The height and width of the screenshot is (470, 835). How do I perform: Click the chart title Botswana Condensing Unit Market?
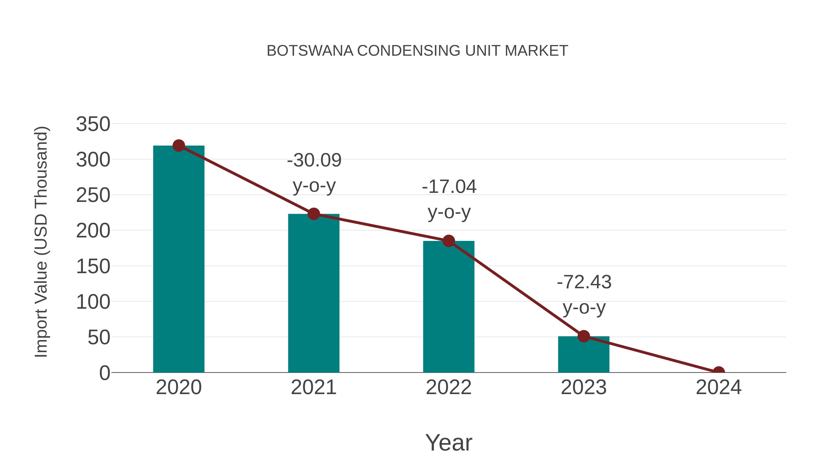point(417,51)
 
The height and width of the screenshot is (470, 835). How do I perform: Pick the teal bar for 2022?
point(449,308)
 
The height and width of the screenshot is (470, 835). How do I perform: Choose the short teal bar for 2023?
point(584,355)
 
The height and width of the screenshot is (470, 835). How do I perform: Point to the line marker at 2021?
point(313,214)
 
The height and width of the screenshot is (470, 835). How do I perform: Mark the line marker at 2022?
point(449,241)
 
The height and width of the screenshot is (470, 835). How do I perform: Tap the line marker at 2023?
point(584,336)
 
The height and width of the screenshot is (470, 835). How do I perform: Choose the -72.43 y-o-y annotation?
point(584,294)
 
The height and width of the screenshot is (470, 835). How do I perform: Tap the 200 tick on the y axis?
point(93,231)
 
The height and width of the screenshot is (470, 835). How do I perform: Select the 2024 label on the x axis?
point(719,387)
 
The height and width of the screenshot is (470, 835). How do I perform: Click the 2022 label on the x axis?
point(449,387)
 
